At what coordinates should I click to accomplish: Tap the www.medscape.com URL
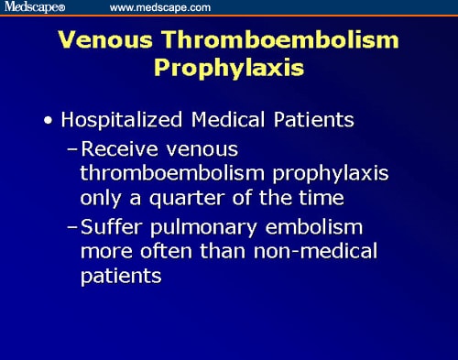click(160, 7)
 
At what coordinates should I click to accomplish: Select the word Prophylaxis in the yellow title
click(228, 69)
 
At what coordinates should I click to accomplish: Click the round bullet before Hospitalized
click(47, 120)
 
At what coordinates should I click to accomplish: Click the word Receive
click(116, 147)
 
